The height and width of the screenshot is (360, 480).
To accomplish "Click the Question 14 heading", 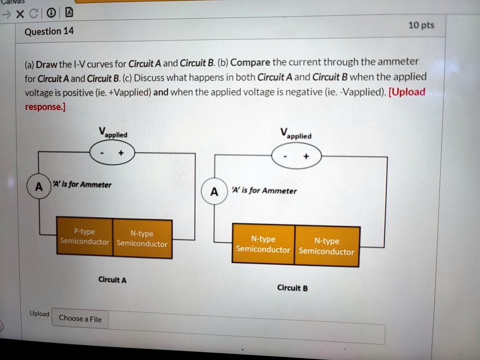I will coord(49,32).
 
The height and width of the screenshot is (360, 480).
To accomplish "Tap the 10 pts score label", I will coord(421,25).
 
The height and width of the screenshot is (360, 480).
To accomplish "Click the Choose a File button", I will coord(80,318).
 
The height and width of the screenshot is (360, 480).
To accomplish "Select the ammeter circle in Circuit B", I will coord(214,192).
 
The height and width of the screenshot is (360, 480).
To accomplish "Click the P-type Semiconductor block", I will coord(84,236).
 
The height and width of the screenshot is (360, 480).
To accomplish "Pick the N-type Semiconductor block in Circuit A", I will coord(142,239).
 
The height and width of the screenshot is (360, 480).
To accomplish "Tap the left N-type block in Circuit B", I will coord(263,244).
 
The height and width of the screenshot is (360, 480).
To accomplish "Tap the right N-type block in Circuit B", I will coord(326,246).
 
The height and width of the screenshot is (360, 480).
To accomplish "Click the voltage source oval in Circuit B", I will coord(297,156).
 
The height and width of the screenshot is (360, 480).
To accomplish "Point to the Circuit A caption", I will coord(112,279).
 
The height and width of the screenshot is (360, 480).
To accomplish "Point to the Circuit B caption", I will coord(292,288).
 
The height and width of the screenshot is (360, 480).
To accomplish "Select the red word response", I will coord(44,107).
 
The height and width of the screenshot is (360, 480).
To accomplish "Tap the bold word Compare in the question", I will coord(251,62).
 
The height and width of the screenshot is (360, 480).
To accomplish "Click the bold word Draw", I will coord(47,64).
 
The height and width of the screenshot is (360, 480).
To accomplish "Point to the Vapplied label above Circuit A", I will coord(112,132).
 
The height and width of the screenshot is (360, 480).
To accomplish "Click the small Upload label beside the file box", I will coord(39,313).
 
